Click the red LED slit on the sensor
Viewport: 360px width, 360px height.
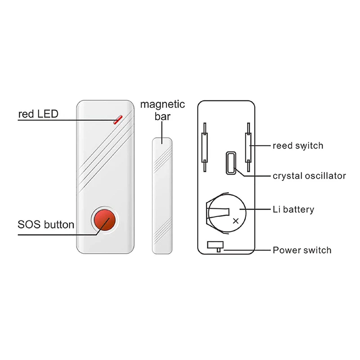(x=118, y=119)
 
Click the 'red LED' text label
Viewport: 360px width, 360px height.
(x=38, y=114)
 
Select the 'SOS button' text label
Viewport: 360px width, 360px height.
(x=45, y=224)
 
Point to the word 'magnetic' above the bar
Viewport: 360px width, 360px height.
(x=162, y=105)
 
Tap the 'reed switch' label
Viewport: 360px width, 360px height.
(x=298, y=145)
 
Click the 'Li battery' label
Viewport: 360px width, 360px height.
(x=293, y=210)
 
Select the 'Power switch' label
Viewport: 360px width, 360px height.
(x=302, y=250)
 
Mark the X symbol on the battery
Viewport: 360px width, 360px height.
(x=235, y=221)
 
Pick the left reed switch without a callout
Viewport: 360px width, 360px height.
(x=205, y=147)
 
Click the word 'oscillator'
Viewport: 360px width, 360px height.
(x=327, y=175)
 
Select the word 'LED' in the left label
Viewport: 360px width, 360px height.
(x=48, y=114)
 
